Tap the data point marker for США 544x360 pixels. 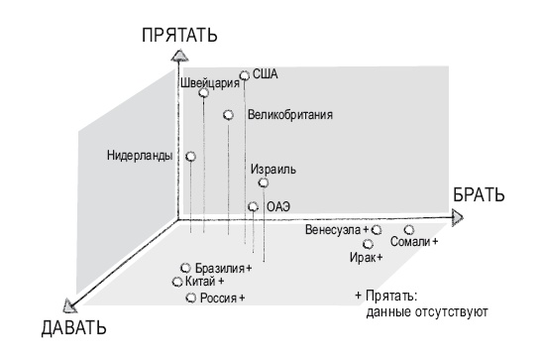click(244, 74)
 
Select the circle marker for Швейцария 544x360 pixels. click(203, 93)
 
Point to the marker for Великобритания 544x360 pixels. click(228, 115)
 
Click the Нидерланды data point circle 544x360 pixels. click(190, 156)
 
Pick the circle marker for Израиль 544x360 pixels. click(263, 182)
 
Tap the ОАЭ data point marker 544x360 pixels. click(254, 207)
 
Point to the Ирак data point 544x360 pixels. click(368, 243)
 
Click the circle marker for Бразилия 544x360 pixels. click(186, 268)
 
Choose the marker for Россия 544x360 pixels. click(190, 297)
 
